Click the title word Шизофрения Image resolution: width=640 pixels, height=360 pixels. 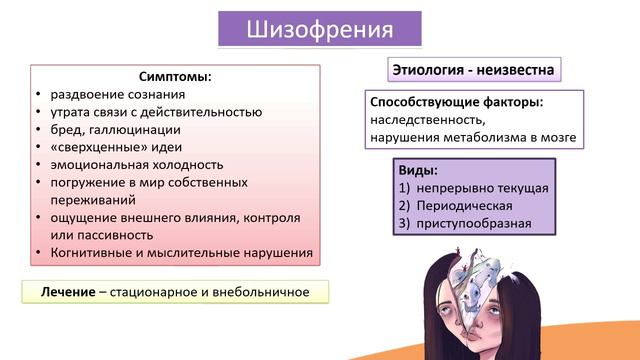[x=319, y=28]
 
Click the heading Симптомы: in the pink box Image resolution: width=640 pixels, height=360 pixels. [x=174, y=76]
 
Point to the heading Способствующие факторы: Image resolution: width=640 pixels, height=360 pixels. [x=456, y=102]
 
